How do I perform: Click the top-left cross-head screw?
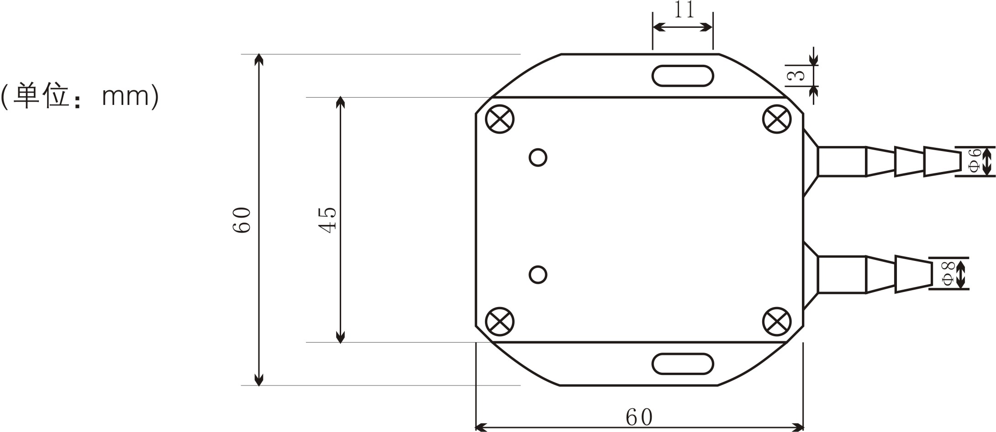500,119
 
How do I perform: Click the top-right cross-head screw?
777,119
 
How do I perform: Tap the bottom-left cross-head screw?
500,322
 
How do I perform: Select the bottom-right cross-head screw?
777,322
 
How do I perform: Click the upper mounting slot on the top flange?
683,76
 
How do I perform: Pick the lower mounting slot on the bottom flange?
683,364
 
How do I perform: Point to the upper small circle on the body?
538,157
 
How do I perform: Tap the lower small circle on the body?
538,275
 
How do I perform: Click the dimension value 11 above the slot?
684,10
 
